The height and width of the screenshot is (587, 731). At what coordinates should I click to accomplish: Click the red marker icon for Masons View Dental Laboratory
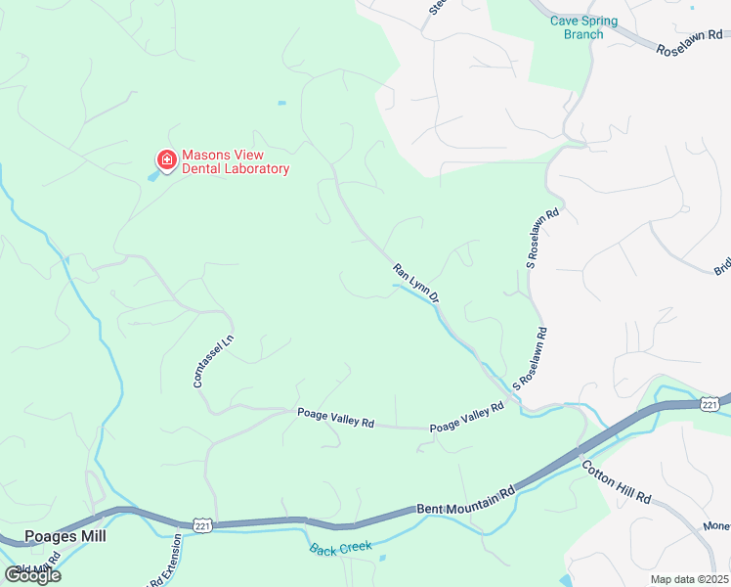pos(166,160)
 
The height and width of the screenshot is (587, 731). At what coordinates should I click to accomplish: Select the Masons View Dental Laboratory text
pos(236,161)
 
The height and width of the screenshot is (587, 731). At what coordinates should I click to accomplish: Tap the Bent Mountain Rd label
pos(465,500)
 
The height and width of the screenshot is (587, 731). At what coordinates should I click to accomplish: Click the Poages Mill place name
pos(64,536)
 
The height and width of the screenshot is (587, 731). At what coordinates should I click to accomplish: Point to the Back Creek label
pos(341,548)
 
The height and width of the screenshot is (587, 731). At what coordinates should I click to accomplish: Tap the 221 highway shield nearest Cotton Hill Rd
pos(709,403)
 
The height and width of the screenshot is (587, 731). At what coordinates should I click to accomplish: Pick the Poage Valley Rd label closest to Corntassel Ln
pos(335,418)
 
